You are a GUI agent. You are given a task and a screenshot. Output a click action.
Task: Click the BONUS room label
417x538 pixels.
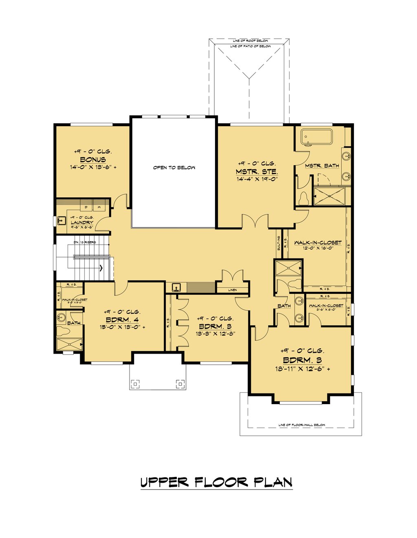(93, 160)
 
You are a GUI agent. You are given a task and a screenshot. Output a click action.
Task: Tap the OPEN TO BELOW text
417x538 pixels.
(174, 167)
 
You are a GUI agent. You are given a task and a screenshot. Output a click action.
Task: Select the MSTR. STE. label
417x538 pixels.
(257, 171)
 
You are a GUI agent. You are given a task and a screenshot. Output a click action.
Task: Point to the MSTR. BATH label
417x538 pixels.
(322, 166)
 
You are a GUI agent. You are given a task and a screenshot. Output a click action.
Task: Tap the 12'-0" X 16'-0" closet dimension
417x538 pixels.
(318, 247)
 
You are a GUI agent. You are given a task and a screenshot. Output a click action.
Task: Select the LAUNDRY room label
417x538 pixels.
(82, 223)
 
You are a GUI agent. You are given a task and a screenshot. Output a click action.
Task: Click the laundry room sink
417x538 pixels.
(61, 221)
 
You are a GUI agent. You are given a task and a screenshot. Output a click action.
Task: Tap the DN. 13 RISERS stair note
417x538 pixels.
(85, 242)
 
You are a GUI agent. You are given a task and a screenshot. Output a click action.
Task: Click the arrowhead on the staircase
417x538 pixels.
(101, 268)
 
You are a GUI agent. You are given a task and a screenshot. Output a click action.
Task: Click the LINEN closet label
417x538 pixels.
(232, 290)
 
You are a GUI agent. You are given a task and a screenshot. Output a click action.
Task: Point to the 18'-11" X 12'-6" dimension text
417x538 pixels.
(302, 369)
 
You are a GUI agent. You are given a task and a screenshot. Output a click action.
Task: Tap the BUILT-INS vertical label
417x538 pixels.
(279, 243)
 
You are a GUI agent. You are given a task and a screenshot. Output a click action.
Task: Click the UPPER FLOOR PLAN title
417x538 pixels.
(216, 482)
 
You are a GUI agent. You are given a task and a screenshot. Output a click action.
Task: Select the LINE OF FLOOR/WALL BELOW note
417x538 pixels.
(302, 425)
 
